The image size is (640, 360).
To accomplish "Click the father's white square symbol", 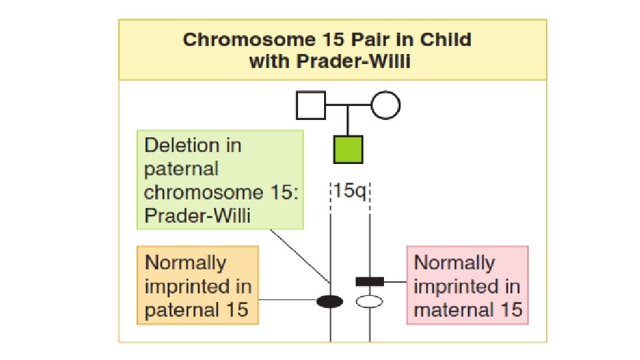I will tap(311, 105).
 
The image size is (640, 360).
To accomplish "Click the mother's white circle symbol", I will tap(385, 105).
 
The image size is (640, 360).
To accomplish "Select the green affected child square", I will tap(348, 149).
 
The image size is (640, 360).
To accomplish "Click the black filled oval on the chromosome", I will tap(330, 302).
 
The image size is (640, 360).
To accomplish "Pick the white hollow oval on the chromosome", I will tap(369, 302).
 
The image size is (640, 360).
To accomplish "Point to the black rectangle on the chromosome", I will tap(369, 281).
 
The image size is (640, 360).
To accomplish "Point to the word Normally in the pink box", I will tap(454, 262).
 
